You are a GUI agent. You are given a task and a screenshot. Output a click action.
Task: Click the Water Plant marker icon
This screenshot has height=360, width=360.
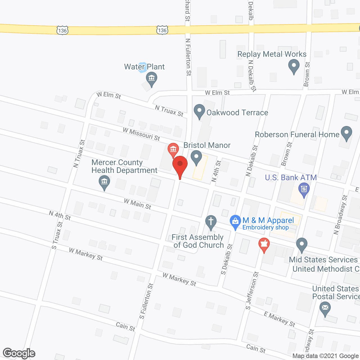pos(152,78)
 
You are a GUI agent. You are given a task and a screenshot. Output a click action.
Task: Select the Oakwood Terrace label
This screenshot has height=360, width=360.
pos(237,113)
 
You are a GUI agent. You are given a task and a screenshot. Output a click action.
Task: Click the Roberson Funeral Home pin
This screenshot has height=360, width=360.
pos(346,133)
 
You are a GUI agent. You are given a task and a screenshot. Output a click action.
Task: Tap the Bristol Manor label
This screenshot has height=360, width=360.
pos(207,145)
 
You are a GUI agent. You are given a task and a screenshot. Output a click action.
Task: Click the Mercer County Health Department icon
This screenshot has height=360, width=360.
pos(104,182)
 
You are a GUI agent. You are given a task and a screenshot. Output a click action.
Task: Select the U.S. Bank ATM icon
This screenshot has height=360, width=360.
pos(304,189)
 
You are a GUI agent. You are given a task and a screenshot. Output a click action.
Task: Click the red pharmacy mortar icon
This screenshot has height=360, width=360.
pos(264,244)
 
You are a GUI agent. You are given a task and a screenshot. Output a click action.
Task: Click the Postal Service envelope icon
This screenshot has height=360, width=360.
pos(325,307)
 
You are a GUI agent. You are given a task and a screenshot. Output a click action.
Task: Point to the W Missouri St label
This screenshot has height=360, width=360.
pos(141,134)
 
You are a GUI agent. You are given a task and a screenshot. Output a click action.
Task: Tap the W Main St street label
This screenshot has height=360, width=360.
pos(138,204)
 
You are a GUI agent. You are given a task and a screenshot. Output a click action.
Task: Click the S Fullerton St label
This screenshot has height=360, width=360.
pos(146,301)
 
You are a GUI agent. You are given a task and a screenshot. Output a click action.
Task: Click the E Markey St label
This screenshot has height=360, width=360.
pos(280,319)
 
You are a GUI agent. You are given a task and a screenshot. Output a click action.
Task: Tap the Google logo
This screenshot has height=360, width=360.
pos(19,353)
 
